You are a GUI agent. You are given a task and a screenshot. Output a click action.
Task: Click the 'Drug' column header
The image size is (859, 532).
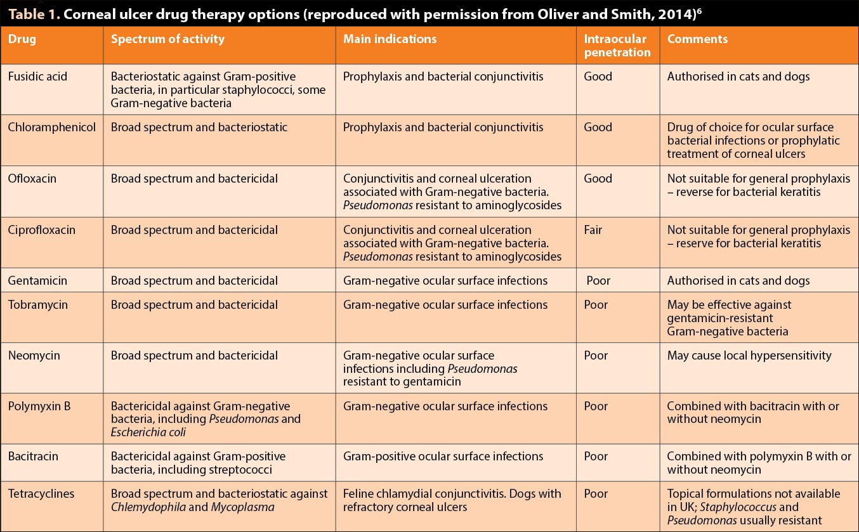click(x=22, y=39)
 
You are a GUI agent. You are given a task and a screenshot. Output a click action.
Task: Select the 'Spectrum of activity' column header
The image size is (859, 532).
click(x=167, y=39)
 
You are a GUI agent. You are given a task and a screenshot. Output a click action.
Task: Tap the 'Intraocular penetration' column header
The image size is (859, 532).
click(x=617, y=45)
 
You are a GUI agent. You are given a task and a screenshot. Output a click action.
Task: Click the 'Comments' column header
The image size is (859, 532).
click(x=697, y=39)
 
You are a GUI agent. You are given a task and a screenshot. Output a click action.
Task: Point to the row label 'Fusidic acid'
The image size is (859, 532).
click(x=37, y=76)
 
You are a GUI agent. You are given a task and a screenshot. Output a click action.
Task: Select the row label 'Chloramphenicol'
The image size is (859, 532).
click(x=52, y=127)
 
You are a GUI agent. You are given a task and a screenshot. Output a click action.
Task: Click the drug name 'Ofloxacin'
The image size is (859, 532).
click(x=32, y=178)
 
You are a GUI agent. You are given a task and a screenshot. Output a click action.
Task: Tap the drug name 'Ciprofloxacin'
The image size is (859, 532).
click(x=42, y=230)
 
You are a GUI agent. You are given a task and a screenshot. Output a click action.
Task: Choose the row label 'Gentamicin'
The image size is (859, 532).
click(x=37, y=280)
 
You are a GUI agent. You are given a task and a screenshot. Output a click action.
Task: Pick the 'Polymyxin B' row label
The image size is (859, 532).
click(x=39, y=406)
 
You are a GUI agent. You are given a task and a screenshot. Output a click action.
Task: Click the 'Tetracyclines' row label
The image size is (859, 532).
click(x=41, y=493)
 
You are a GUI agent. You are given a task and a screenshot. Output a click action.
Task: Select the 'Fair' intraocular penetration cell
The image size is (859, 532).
click(x=593, y=230)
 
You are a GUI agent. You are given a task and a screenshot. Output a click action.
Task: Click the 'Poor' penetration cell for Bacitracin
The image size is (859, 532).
click(x=596, y=456)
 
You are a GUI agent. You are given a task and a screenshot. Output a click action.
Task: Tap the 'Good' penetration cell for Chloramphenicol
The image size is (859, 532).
click(x=598, y=127)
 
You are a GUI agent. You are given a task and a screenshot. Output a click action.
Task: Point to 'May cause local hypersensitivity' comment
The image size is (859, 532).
click(x=749, y=356)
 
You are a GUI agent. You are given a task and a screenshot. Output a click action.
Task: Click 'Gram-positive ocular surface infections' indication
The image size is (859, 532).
click(x=443, y=457)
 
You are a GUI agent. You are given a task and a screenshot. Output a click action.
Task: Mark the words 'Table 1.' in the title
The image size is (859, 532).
click(x=34, y=14)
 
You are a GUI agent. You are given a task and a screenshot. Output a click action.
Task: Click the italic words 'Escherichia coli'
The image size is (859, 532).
click(x=148, y=432)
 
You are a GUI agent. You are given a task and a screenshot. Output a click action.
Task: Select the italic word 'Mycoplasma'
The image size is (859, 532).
click(x=243, y=507)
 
